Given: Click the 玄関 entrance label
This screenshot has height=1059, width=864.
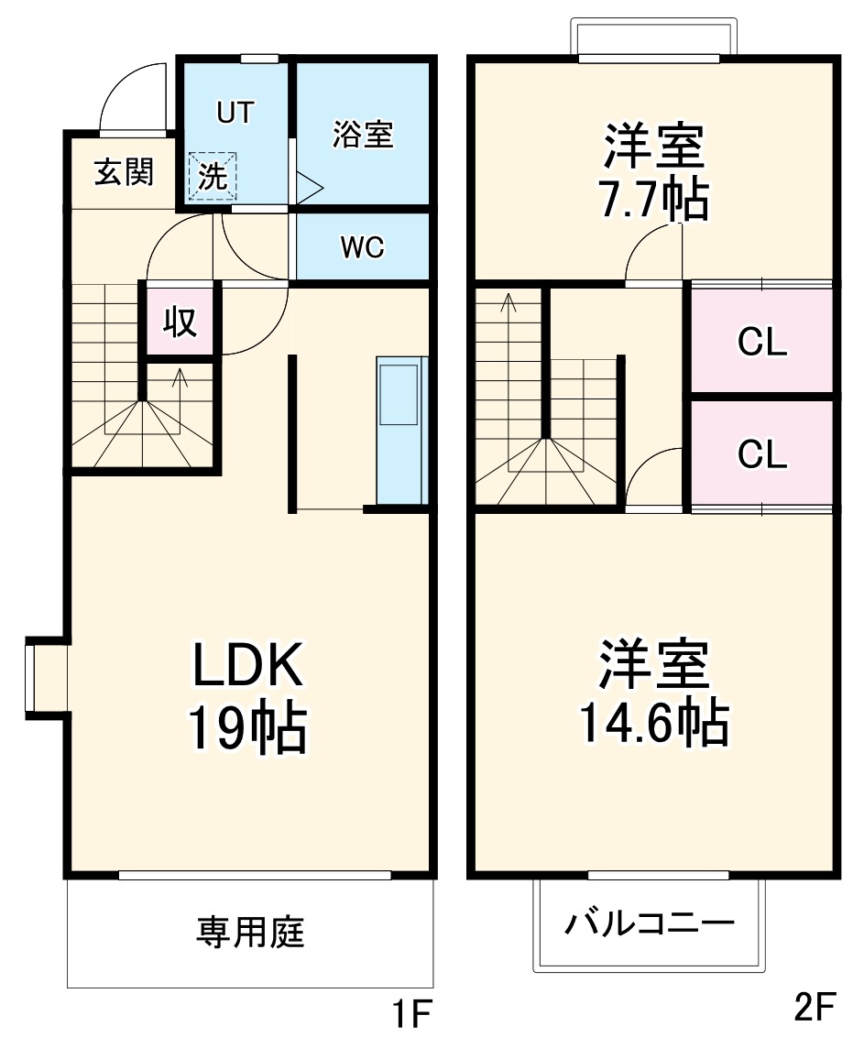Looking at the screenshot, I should [124, 171].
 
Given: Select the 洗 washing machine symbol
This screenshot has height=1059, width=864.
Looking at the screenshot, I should [213, 175].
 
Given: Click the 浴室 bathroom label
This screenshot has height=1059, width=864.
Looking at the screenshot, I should [363, 135].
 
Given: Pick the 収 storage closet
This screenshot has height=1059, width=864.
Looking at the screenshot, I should [180, 321].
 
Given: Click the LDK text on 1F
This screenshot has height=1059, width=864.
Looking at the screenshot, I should [246, 666].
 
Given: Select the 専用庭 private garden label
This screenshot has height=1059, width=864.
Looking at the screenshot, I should [249, 933].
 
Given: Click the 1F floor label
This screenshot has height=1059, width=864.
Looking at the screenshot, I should [411, 1013].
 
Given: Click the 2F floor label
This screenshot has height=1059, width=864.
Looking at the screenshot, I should [815, 1009].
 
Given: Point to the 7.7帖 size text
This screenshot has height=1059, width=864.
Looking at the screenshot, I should [653, 198].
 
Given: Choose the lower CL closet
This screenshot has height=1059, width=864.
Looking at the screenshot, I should [762, 453].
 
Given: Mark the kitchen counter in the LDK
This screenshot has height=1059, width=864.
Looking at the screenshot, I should [402, 431].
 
